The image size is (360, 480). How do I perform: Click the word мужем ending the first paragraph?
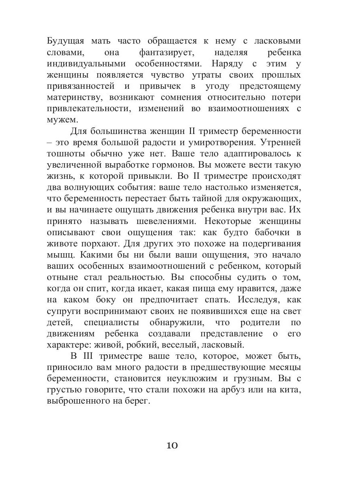point(61,120)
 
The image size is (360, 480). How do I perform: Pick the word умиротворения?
point(237,142)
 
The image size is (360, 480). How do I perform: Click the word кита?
point(290,390)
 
